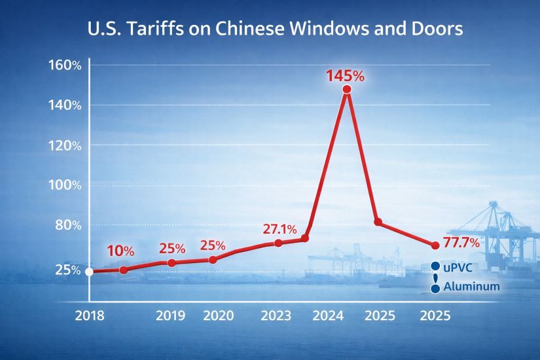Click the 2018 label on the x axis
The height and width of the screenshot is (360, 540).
pyautogui.click(x=90, y=316)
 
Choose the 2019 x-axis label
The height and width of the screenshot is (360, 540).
pyautogui.click(x=170, y=316)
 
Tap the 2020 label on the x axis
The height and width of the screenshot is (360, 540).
pyautogui.click(x=219, y=316)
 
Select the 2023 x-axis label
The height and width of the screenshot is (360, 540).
pyautogui.click(x=276, y=316)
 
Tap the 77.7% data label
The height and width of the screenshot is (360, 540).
pyautogui.click(x=462, y=243)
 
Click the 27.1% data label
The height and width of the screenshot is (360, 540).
pyautogui.click(x=279, y=230)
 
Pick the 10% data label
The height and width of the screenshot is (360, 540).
pyautogui.click(x=120, y=251)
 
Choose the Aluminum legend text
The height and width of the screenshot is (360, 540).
pyautogui.click(x=471, y=287)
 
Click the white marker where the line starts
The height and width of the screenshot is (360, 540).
pyautogui.click(x=90, y=272)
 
